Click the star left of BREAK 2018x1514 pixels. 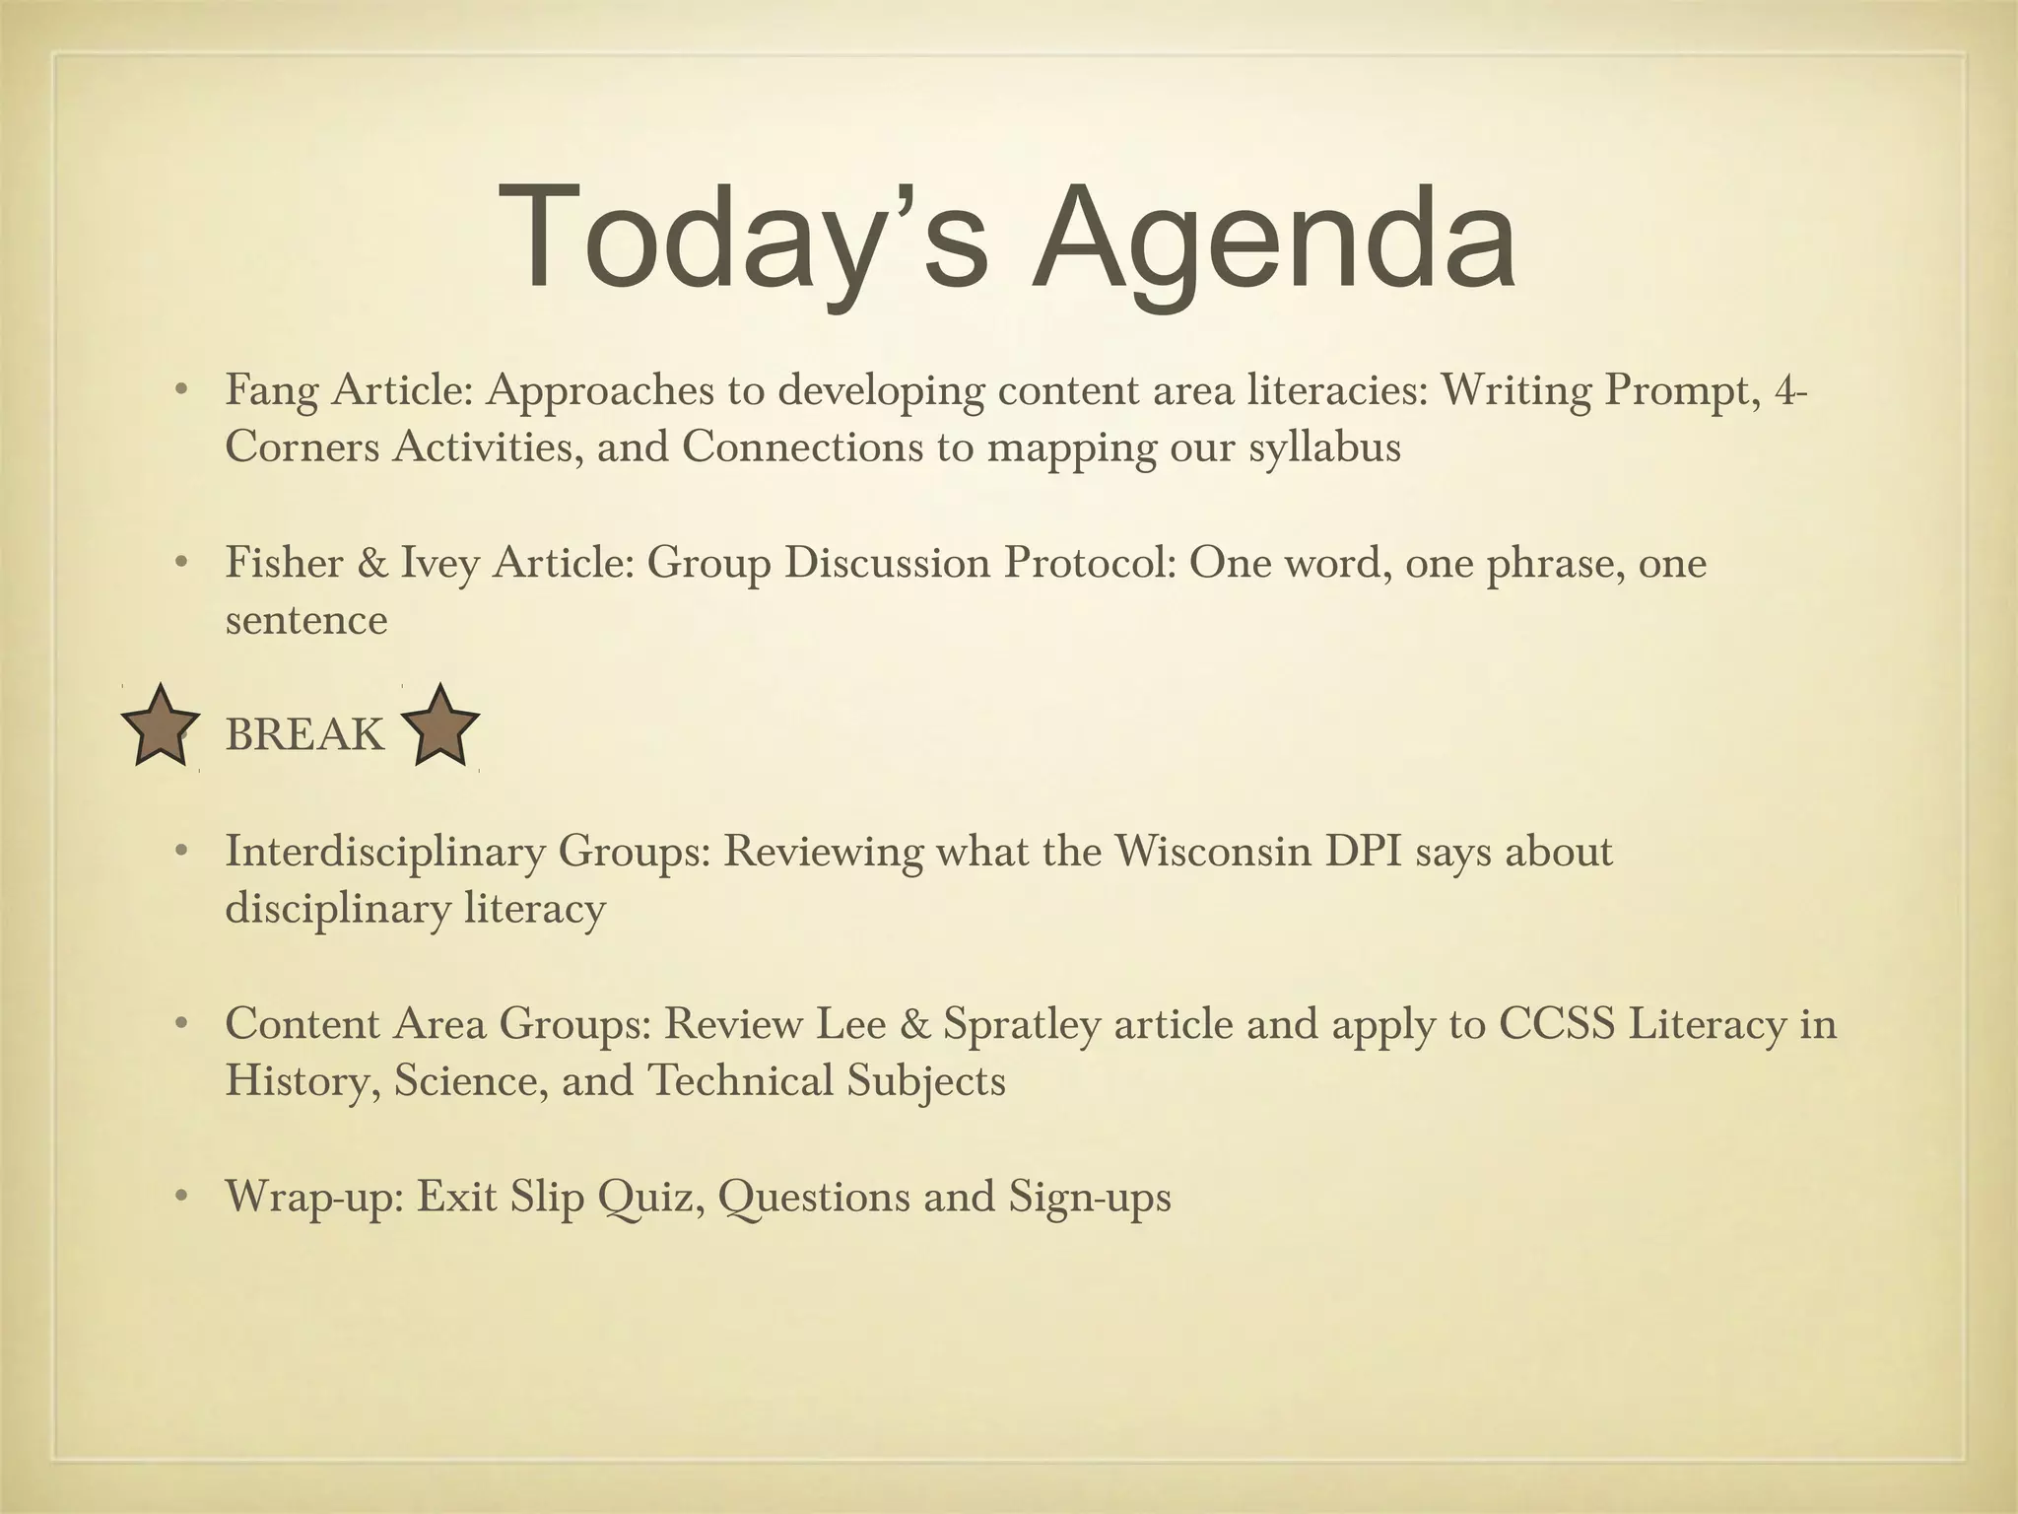pos(160,726)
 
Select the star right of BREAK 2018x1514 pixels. pos(440,726)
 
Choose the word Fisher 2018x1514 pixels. pos(283,564)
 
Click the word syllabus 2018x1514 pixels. pos(1324,448)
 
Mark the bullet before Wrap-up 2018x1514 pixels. pos(180,1198)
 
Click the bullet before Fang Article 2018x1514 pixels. pos(180,391)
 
